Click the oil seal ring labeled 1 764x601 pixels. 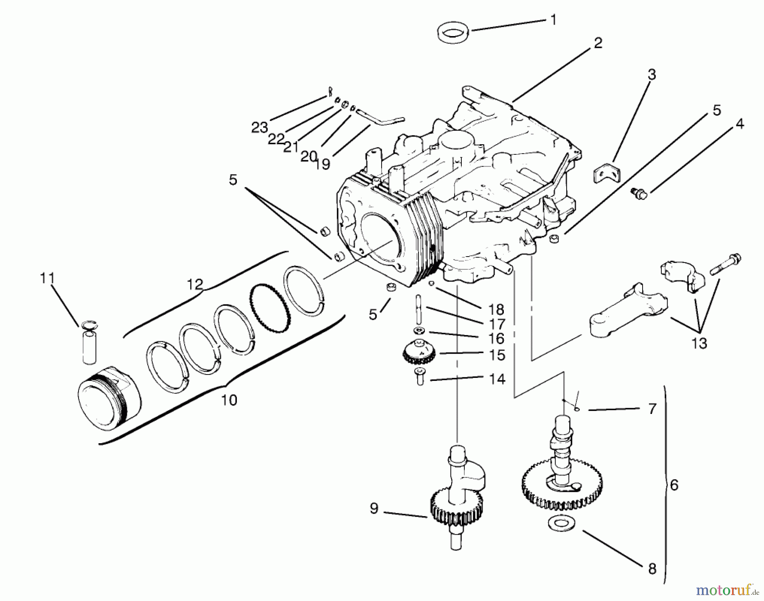click(453, 33)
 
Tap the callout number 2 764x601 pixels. click(598, 43)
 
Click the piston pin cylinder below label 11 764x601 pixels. click(89, 347)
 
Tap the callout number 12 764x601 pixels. click(195, 284)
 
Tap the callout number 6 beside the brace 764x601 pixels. click(674, 484)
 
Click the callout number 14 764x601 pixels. click(497, 379)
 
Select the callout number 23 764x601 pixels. click(259, 127)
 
